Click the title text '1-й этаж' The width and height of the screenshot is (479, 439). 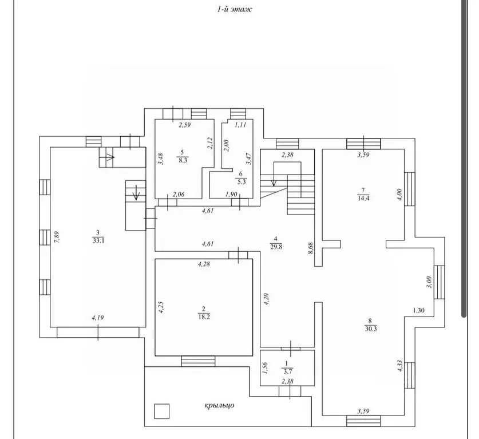coord(235,9)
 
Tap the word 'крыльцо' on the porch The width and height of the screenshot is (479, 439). coord(219,405)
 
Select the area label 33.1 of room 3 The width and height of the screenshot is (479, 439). coord(98,240)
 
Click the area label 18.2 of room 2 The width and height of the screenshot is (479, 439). coord(204,317)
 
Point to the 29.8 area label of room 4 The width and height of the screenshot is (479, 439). coord(276,247)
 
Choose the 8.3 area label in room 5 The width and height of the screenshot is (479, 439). coord(183,160)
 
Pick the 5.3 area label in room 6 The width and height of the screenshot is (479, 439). coord(242,182)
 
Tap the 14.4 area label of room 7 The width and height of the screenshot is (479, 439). coord(363,197)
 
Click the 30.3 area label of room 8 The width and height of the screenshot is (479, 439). coord(370,329)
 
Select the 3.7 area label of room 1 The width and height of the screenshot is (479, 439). coord(287,372)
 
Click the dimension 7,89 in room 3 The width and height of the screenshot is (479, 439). coord(57,238)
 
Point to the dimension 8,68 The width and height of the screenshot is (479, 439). coord(311,248)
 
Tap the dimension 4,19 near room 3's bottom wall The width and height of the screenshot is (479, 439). coord(98,318)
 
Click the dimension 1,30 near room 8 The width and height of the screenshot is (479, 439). coord(418,311)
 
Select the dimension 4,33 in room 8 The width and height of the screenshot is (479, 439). coord(400,366)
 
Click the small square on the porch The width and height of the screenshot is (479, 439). coord(161,411)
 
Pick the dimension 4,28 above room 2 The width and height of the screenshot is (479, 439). coord(204,264)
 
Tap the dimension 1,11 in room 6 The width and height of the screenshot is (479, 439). coord(240,125)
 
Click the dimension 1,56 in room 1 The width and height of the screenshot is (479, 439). coord(265,368)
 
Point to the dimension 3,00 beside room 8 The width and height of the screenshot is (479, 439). coord(429,282)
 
